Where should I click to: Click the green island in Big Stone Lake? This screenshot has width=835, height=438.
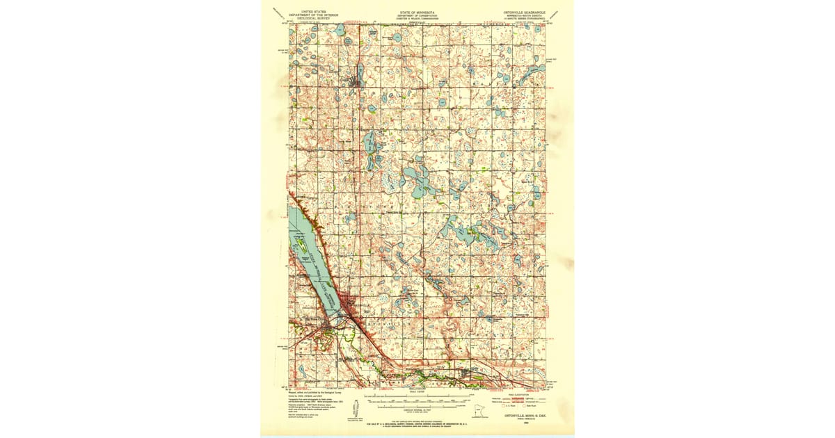pos(300,240)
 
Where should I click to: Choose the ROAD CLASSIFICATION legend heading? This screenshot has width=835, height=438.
pos(527,394)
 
